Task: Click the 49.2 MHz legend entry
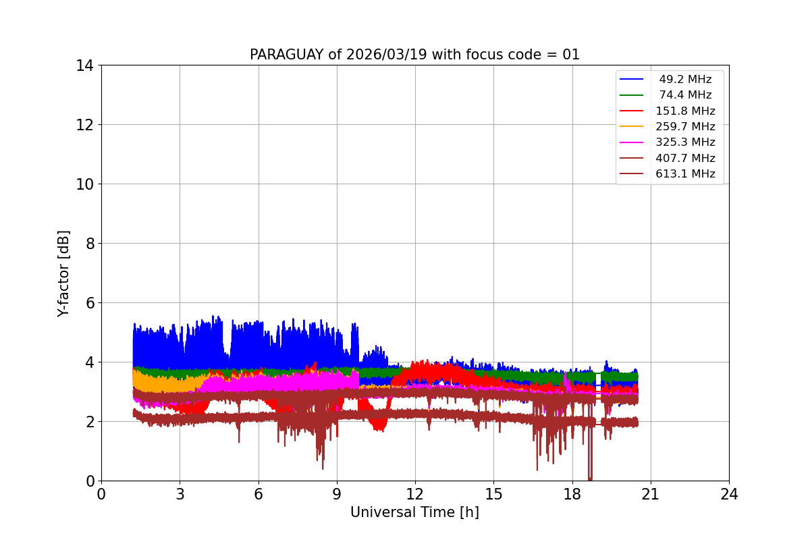684,80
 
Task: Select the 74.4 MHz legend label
684,95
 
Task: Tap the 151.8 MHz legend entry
684,111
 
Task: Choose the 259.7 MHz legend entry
684,126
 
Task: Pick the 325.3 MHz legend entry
684,142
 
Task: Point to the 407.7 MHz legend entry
684,158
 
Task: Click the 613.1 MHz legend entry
684,173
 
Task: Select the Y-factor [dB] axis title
63,273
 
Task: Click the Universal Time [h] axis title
414,512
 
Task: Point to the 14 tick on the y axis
85,65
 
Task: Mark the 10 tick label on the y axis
85,184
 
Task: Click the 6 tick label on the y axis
89,303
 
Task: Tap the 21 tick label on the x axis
650,494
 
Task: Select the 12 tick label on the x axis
415,494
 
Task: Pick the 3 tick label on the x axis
180,494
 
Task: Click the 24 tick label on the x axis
729,494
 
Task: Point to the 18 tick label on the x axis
572,494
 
